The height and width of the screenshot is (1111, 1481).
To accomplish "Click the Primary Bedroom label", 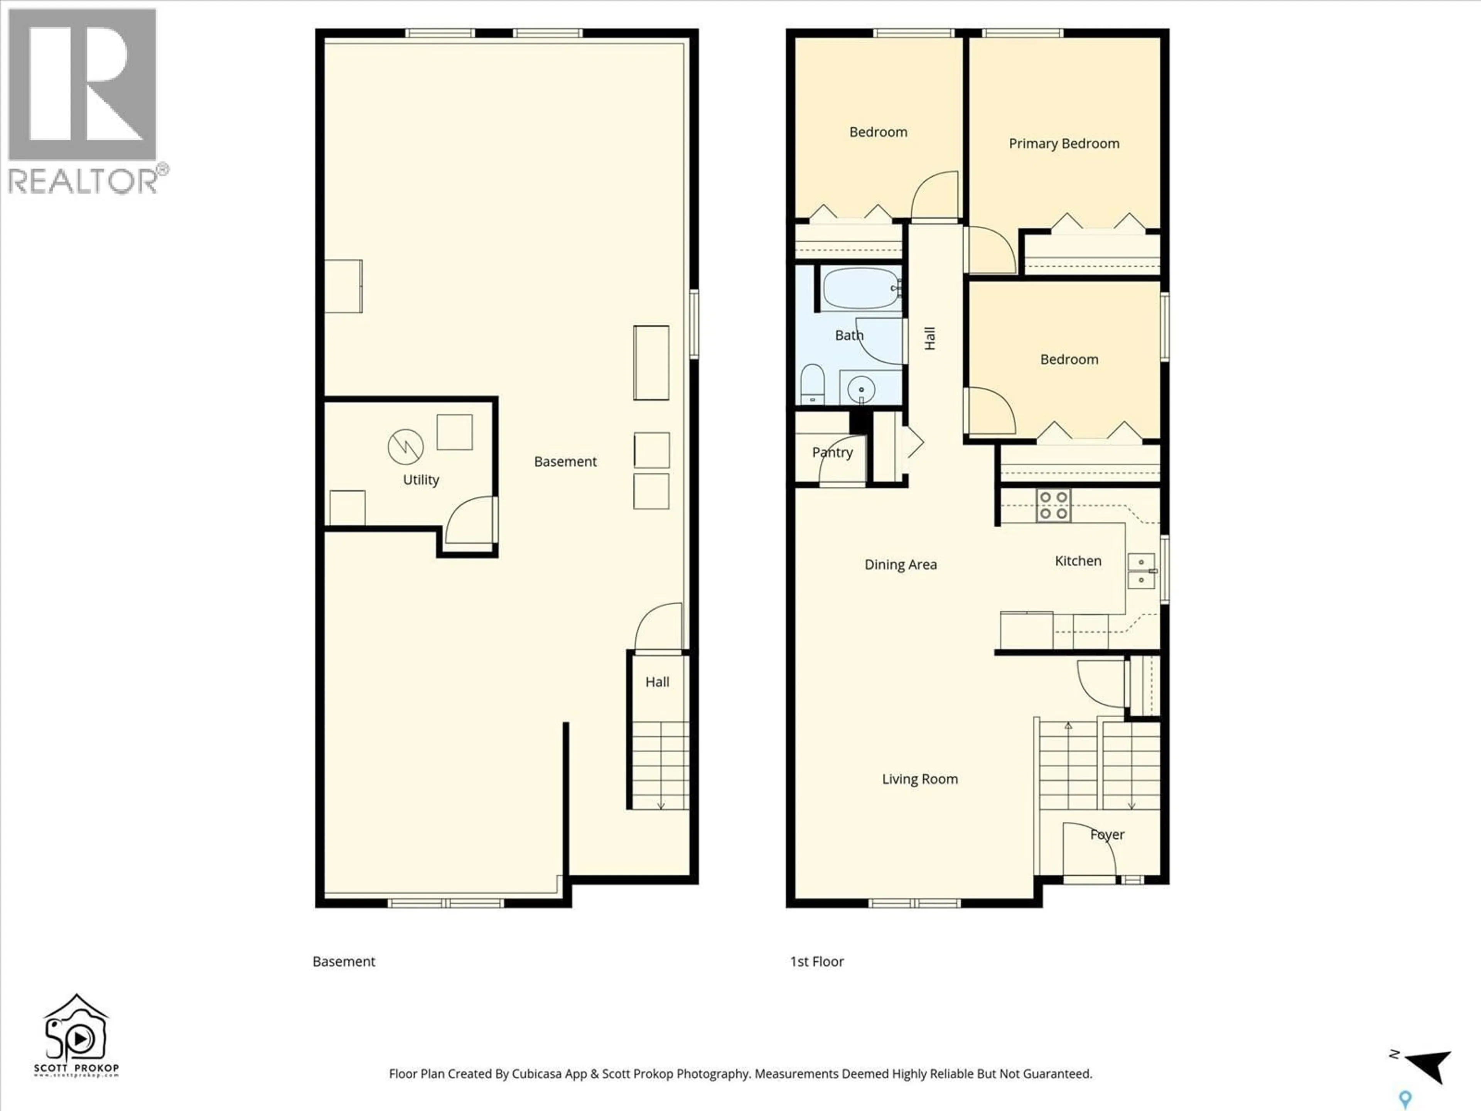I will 1063,144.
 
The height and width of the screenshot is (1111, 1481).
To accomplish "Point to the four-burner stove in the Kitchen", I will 1053,505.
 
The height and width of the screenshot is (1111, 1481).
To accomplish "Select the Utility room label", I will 420,480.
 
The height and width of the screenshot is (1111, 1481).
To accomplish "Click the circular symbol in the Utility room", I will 406,446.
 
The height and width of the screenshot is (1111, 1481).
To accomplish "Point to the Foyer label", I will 1107,834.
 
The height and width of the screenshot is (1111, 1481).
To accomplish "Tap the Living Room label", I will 919,779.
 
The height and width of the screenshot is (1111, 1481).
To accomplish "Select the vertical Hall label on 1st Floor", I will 929,338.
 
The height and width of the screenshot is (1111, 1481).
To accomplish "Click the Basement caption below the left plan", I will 344,962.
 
